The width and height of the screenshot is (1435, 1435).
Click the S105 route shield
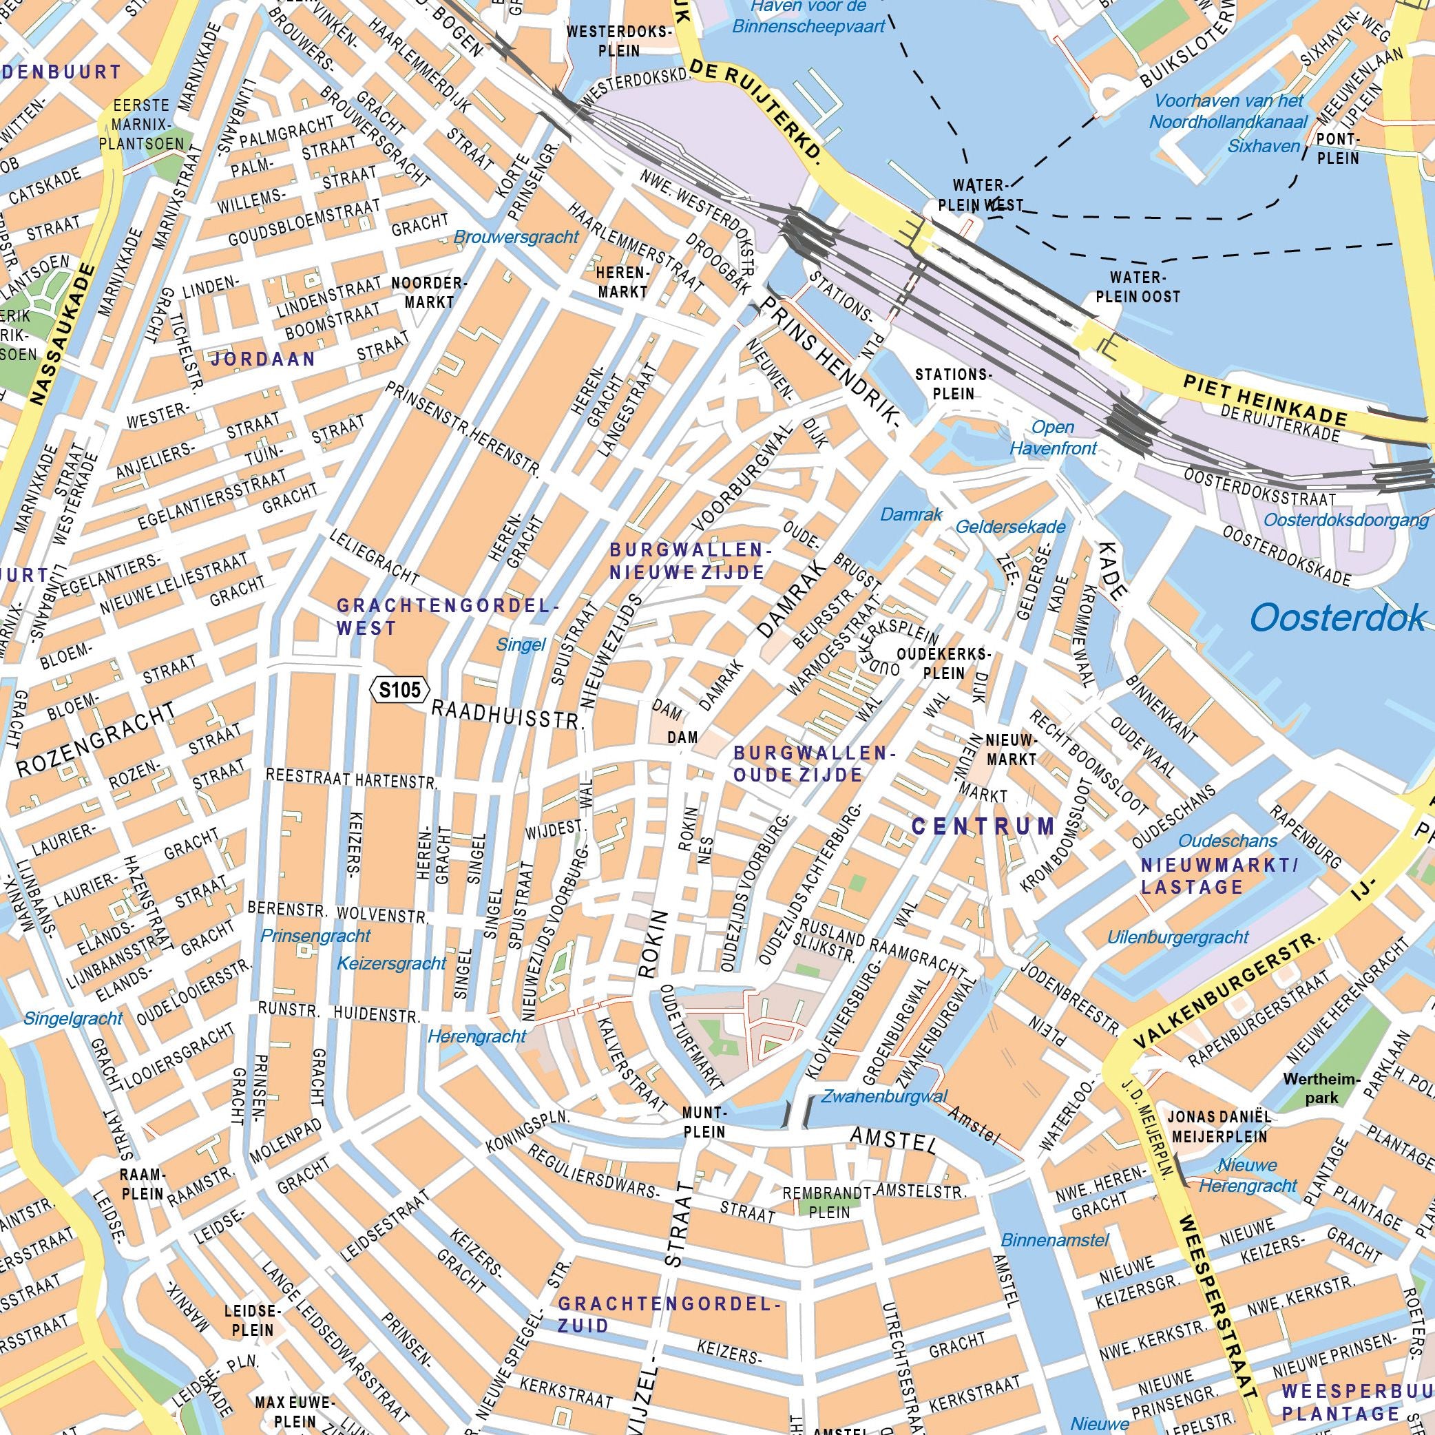pos(399,690)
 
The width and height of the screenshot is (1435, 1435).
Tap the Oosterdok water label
pos(1338,618)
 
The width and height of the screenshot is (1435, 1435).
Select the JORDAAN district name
pos(264,359)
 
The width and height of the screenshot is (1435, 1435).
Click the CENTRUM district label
pos(983,826)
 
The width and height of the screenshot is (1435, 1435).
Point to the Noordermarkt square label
pos(429,293)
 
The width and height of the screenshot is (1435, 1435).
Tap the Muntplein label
pos(704,1122)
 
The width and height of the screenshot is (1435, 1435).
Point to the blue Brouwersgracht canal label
pos(516,238)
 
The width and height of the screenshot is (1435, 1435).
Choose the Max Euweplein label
pos(285,1408)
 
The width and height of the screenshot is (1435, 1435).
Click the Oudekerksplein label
pos(943,663)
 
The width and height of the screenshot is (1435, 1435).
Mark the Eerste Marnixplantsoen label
pos(142,124)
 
